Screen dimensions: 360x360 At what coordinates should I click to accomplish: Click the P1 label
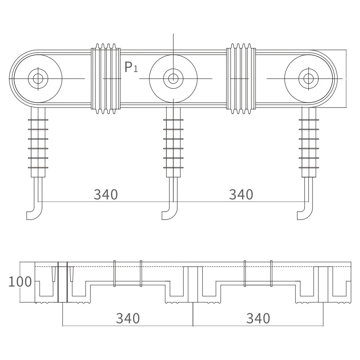pyautogui.click(x=131, y=67)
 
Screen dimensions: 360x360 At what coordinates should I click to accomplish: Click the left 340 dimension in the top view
pyautogui.click(x=106, y=194)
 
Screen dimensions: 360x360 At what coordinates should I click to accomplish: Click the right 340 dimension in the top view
pyautogui.click(x=241, y=194)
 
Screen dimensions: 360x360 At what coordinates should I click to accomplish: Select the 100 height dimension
pyautogui.click(x=20, y=282)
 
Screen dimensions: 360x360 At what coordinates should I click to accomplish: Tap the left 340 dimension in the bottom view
pyautogui.click(x=128, y=318)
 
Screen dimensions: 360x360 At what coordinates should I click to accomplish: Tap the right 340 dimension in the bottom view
pyautogui.click(x=258, y=318)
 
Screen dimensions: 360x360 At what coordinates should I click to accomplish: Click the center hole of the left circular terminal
pyautogui.click(x=38, y=78)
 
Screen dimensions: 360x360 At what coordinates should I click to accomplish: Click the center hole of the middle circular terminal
pyautogui.click(x=173, y=78)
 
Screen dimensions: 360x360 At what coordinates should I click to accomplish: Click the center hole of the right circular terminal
pyautogui.click(x=309, y=78)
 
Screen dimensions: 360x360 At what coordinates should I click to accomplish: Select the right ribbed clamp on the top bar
pyautogui.click(x=241, y=78)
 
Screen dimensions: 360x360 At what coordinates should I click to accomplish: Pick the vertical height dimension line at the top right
pyautogui.click(x=346, y=78)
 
